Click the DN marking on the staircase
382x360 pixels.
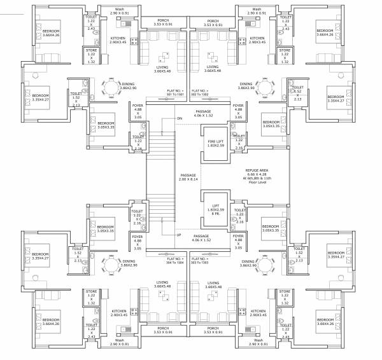pyautogui.click(x=180, y=119)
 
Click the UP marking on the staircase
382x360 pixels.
pyautogui.click(x=180, y=234)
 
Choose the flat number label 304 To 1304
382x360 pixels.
pyautogui.click(x=174, y=260)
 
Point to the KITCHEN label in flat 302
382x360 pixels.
pyautogui.click(x=257, y=39)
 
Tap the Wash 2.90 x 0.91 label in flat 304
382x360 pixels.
pyautogui.click(x=119, y=342)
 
